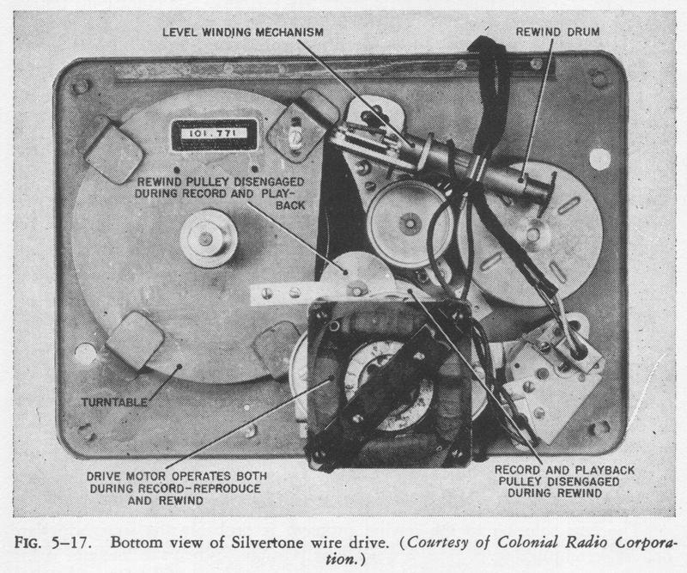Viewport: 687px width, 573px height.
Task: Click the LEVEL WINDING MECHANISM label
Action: [x=243, y=33]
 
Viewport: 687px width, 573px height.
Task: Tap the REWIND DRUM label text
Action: [x=557, y=32]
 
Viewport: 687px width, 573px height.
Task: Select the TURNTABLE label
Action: [x=114, y=402]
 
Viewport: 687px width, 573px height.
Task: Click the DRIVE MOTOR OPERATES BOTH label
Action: [x=177, y=476]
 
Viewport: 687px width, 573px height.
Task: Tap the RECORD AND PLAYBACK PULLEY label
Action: [x=565, y=481]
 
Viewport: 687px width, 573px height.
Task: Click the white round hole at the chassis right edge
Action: [x=599, y=159]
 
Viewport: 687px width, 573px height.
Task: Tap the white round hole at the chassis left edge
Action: [x=85, y=354]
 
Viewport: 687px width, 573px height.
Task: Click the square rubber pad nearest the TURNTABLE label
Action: [x=136, y=340]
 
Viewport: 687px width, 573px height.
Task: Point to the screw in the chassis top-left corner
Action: [x=79, y=86]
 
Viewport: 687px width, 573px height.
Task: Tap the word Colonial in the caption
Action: [x=528, y=543]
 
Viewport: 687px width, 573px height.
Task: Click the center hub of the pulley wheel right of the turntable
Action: [x=410, y=222]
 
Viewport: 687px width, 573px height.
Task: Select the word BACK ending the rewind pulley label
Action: [x=290, y=205]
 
